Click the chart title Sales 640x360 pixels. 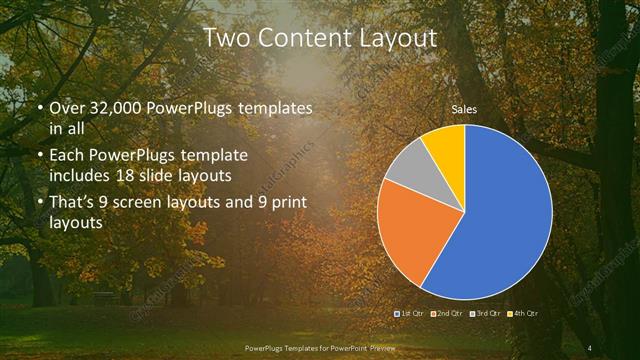click(x=464, y=108)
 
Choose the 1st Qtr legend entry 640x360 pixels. click(x=411, y=314)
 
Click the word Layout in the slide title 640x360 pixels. click(x=399, y=39)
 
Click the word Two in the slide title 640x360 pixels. click(x=226, y=39)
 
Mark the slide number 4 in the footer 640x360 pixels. click(x=590, y=348)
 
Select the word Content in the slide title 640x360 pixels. click(x=302, y=39)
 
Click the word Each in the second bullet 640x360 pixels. click(x=68, y=157)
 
